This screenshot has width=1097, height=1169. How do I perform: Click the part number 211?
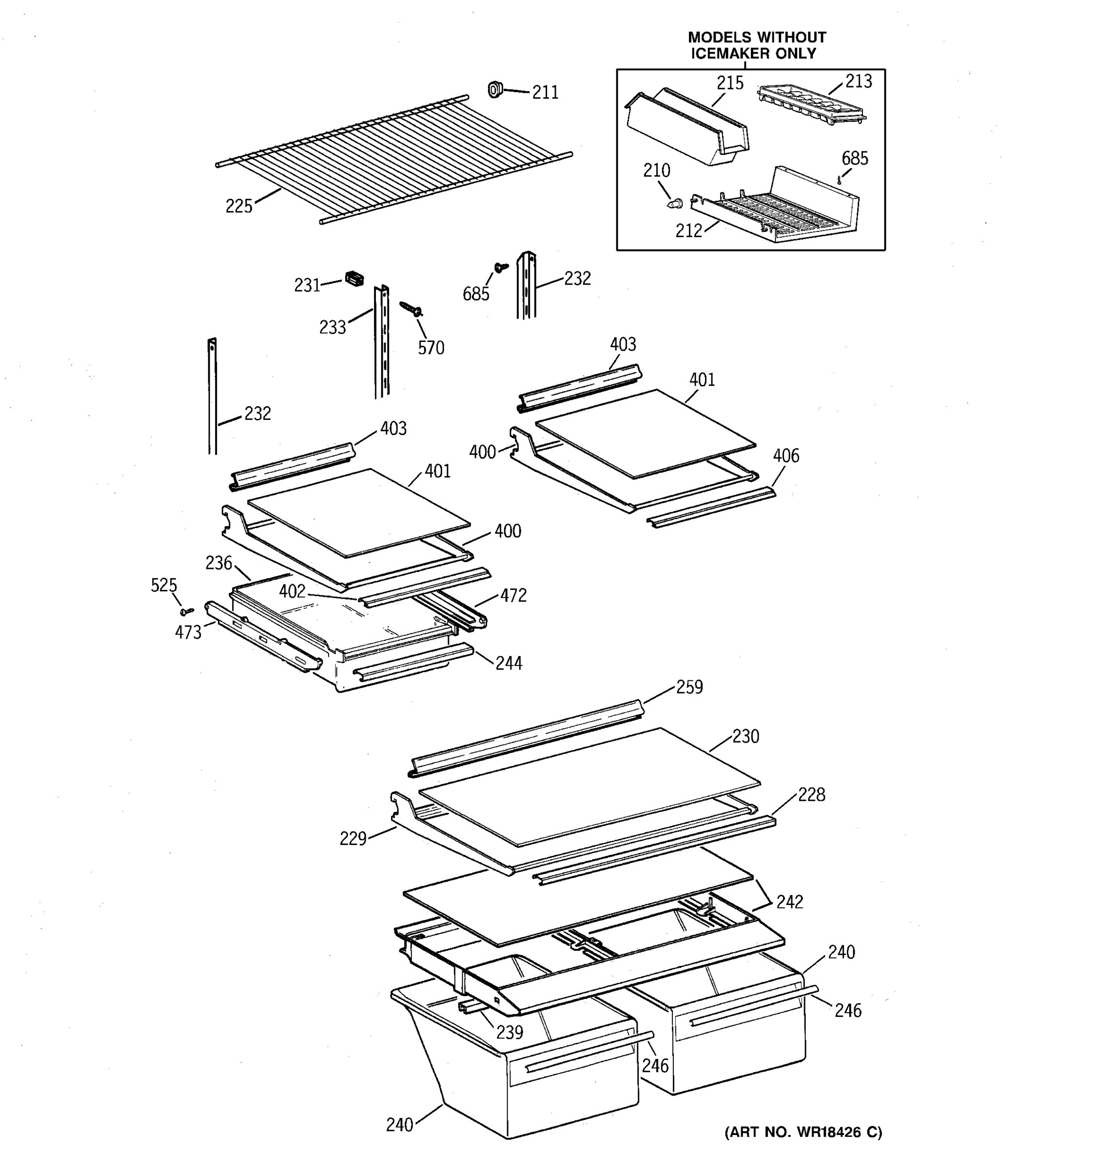[545, 93]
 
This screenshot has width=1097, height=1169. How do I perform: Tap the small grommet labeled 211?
[495, 90]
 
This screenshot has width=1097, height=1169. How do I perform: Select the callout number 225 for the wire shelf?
[239, 207]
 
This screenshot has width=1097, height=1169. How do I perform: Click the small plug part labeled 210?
[674, 204]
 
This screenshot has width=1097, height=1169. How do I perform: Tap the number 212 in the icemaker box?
[688, 231]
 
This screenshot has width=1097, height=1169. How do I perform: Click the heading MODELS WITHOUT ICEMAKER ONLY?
[756, 45]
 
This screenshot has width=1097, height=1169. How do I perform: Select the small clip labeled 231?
[353, 279]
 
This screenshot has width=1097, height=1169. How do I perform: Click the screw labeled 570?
[412, 308]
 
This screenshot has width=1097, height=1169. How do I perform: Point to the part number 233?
[333, 327]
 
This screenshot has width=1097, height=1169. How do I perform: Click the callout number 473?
[188, 633]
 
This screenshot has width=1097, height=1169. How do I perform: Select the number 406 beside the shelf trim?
[785, 456]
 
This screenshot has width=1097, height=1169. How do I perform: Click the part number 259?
[689, 687]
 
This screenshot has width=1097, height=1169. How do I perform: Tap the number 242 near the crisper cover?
[789, 902]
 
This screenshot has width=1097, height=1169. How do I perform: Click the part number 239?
[509, 1032]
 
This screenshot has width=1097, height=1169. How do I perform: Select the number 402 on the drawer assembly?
[292, 591]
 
